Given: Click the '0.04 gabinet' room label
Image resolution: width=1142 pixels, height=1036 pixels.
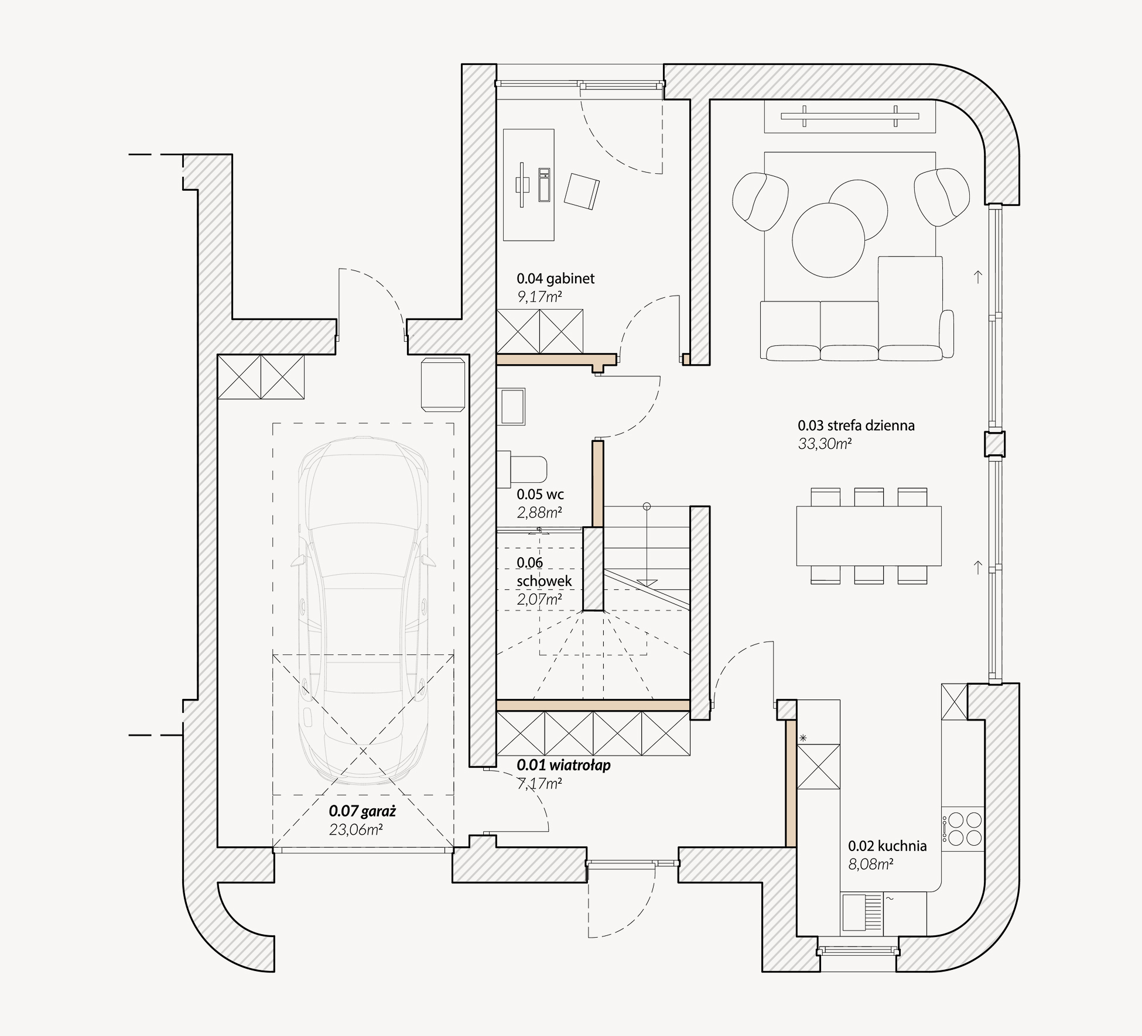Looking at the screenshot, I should pyautogui.click(x=555, y=279).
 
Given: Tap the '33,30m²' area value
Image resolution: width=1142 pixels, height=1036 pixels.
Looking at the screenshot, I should pyautogui.click(x=825, y=444).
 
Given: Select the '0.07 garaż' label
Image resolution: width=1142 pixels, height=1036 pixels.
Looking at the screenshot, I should pyautogui.click(x=363, y=811).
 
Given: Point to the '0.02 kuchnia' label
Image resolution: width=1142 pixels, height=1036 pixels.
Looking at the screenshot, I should pyautogui.click(x=887, y=845).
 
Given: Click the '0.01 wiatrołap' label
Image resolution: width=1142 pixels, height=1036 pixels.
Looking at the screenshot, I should pyautogui.click(x=563, y=765).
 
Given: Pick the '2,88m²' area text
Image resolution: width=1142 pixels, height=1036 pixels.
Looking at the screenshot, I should pyautogui.click(x=539, y=513).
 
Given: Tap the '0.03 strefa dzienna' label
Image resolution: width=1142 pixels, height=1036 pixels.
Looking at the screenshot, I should pyautogui.click(x=856, y=426).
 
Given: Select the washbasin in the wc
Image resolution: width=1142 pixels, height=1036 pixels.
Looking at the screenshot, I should pyautogui.click(x=512, y=406).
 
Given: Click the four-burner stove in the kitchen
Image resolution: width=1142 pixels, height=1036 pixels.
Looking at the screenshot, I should pyautogui.click(x=962, y=828).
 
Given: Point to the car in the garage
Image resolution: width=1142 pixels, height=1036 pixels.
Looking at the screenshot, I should pyautogui.click(x=363, y=609).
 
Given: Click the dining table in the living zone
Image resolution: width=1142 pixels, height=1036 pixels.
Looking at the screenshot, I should pyautogui.click(x=869, y=536).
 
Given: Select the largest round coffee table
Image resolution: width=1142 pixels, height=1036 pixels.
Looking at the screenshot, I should pyautogui.click(x=828, y=240).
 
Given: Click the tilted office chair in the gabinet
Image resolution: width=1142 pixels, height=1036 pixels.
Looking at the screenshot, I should pyautogui.click(x=582, y=191).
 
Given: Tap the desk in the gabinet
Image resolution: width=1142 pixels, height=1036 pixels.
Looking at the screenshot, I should pyautogui.click(x=528, y=185).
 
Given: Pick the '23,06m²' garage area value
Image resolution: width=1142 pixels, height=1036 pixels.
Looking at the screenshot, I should pyautogui.click(x=356, y=829).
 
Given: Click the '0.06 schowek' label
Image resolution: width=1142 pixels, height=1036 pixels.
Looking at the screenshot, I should pyautogui.click(x=543, y=572).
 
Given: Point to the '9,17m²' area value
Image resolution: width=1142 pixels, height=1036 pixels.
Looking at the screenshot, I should pyautogui.click(x=539, y=297).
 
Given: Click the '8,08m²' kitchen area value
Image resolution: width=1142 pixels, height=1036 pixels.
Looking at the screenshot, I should pyautogui.click(x=871, y=863).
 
